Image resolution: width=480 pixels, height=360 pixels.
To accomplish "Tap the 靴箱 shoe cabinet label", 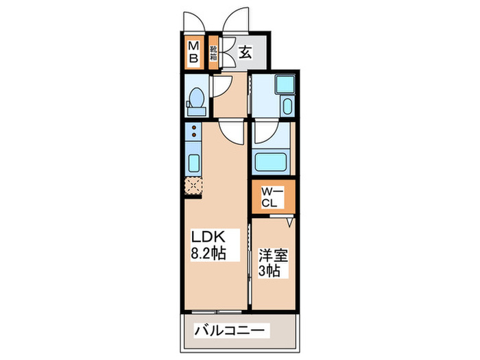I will [x=213, y=52].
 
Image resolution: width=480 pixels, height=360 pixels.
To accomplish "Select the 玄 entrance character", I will [x=245, y=51].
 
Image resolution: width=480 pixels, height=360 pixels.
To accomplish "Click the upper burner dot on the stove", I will [x=194, y=128].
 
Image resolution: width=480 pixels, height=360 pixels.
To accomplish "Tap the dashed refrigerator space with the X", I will [x=194, y=184].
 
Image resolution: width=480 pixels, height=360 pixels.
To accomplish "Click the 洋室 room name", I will [x=272, y=256].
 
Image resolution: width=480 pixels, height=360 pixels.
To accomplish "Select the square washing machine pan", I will [x=283, y=84].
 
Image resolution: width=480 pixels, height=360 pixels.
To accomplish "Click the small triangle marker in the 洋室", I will [x=290, y=221].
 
